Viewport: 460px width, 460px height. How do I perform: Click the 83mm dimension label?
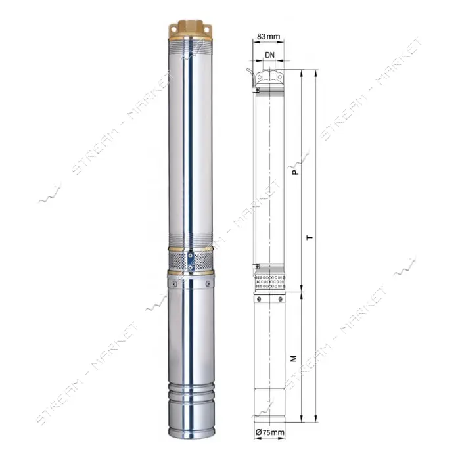pos(268,36)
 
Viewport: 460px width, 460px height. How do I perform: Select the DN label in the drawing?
pos(269,55)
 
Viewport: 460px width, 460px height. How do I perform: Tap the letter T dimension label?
pos(310,237)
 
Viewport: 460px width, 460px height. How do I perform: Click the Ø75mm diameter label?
pos(269,432)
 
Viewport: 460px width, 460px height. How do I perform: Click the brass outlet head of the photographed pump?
pos(191,30)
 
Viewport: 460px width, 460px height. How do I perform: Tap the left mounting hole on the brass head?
pos(173,30)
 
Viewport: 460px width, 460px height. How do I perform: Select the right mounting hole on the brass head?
pos(207,30)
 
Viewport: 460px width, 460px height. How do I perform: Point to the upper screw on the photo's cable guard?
pos(190,256)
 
